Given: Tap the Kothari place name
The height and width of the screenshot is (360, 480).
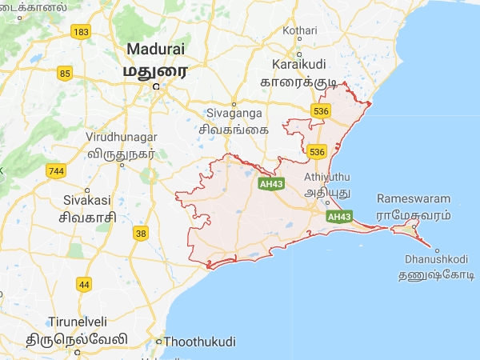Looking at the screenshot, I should click(x=301, y=30).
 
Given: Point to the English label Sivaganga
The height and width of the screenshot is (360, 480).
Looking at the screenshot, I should click(x=234, y=114).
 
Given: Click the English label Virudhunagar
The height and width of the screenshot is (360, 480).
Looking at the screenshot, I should click(x=120, y=137).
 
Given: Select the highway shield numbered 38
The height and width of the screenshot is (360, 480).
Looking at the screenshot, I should click(x=142, y=234).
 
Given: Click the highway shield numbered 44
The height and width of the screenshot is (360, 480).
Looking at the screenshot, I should click(x=83, y=284).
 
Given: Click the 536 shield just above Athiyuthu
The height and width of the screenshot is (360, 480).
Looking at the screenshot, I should click(x=317, y=152).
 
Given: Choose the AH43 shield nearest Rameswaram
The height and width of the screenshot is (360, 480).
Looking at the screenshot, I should click(x=339, y=217).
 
